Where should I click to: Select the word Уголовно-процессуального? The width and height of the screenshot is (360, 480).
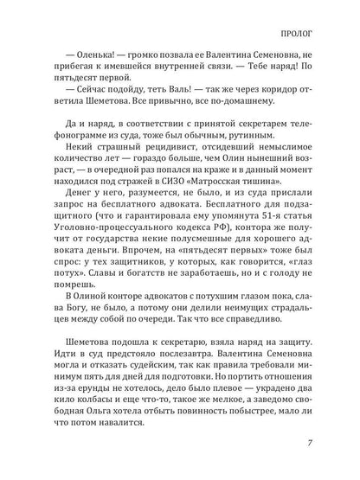(101, 247)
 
